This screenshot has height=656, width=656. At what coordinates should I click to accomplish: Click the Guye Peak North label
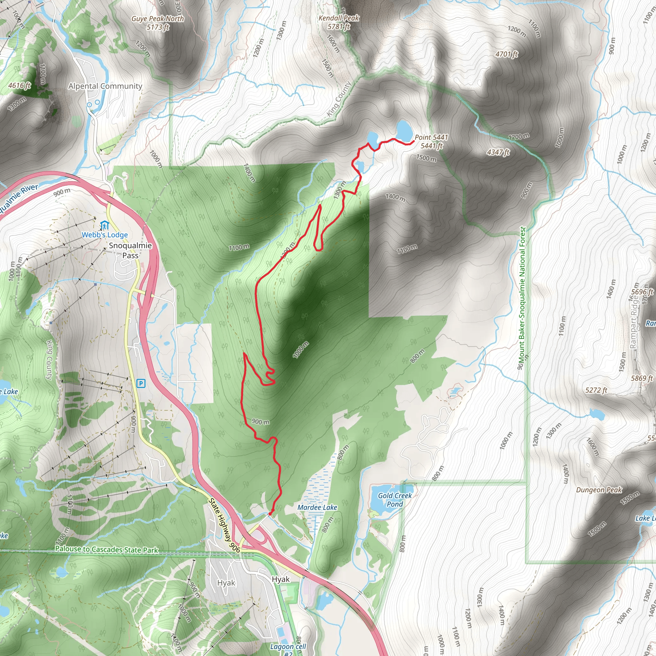point(158,23)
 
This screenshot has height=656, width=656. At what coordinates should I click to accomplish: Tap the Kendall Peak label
point(339,22)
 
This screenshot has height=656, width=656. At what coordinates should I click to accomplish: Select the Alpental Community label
point(105,86)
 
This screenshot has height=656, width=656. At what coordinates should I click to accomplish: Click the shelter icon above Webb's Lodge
point(104,225)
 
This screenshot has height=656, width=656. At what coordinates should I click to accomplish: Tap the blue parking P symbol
point(141,384)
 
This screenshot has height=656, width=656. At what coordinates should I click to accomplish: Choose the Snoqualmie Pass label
point(130,250)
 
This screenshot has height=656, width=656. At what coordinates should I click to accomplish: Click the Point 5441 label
point(431,141)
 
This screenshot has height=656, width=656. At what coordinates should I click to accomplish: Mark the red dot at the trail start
point(270,514)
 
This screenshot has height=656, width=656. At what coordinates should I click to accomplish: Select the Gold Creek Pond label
point(395,500)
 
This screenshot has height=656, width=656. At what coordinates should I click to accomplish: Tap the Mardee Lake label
point(317,507)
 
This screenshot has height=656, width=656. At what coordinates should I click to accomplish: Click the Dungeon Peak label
point(599,490)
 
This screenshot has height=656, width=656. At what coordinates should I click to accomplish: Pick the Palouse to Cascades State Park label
point(107,549)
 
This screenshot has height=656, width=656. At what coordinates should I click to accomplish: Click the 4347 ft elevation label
point(498,152)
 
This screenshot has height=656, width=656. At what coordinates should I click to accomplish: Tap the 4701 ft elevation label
point(507,54)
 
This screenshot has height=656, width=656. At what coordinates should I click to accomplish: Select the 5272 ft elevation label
point(596,390)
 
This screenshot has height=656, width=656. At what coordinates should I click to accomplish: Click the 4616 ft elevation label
point(19,85)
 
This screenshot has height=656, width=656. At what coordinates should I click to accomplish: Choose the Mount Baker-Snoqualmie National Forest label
point(522,294)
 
